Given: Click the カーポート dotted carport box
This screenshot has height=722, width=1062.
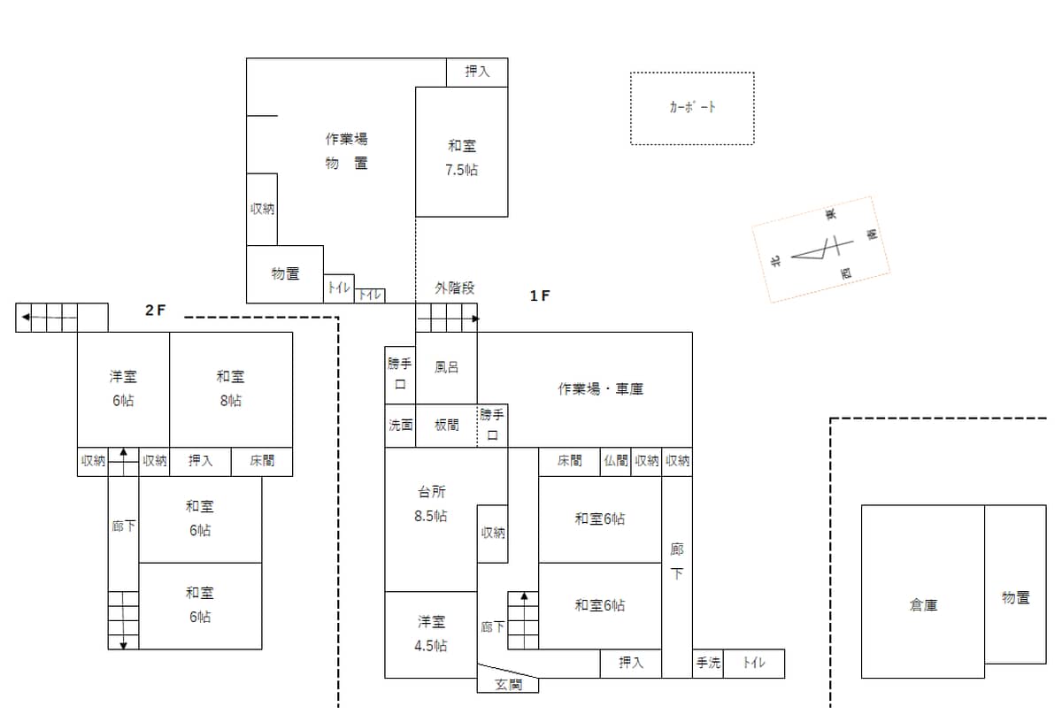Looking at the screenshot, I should coord(692,108).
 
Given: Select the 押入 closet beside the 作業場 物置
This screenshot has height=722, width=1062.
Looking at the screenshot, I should coord(477,73).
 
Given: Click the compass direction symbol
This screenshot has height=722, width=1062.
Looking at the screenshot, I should coord(821,250).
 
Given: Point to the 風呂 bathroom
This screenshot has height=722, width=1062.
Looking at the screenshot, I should coord(446,367).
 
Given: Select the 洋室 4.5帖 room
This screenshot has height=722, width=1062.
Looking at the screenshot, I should coord(431,634).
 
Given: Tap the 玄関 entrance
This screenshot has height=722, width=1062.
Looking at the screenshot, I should coord(508,683).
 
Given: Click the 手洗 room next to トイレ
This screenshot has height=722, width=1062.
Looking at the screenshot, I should coord(708,663).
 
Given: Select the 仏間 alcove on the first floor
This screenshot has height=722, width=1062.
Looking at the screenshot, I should coord(616,460).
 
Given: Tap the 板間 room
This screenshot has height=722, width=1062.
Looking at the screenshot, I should coord(447,425).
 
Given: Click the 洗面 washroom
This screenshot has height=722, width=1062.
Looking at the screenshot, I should coord(400,425).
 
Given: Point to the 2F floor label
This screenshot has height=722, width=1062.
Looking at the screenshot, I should coord(156,311).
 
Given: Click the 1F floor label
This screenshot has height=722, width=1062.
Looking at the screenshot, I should coord(540,296).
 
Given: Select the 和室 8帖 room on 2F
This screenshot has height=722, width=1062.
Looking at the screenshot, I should coord(230,388).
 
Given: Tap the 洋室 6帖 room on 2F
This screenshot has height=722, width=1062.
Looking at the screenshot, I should coord(123,388).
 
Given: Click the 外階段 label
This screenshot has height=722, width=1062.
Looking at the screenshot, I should coord(454,288).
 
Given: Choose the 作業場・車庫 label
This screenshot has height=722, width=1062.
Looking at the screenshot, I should coord(600,388).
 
